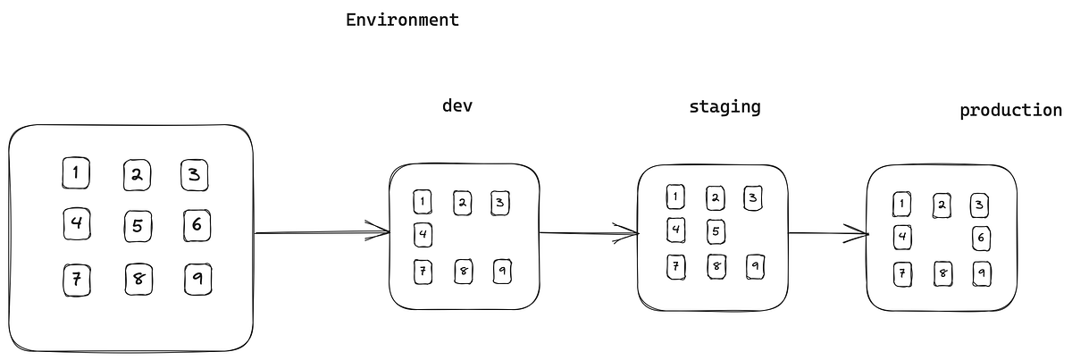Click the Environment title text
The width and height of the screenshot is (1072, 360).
(x=402, y=20)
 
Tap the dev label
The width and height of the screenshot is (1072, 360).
(x=457, y=106)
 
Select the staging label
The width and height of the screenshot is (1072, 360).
(x=724, y=107)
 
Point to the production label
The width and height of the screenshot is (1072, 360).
(x=1010, y=111)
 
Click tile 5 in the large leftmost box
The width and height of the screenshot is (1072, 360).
(x=137, y=226)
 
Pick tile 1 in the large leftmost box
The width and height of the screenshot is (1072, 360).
(x=77, y=173)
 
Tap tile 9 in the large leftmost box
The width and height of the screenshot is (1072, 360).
(x=197, y=280)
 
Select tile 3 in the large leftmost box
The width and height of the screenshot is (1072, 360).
(x=195, y=174)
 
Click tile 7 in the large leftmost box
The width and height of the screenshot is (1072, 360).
(x=77, y=280)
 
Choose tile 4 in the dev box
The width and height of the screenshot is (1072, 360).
(x=423, y=235)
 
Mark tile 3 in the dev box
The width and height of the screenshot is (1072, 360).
(x=500, y=203)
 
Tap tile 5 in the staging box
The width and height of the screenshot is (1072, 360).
(x=716, y=231)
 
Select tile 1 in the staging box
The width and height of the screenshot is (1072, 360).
(x=676, y=197)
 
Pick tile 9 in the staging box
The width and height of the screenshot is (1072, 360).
(x=756, y=265)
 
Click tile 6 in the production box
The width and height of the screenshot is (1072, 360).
(x=981, y=238)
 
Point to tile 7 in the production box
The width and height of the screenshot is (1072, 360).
(x=903, y=272)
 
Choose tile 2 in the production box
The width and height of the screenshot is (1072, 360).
(x=942, y=205)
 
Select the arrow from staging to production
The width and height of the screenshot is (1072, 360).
(x=828, y=234)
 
